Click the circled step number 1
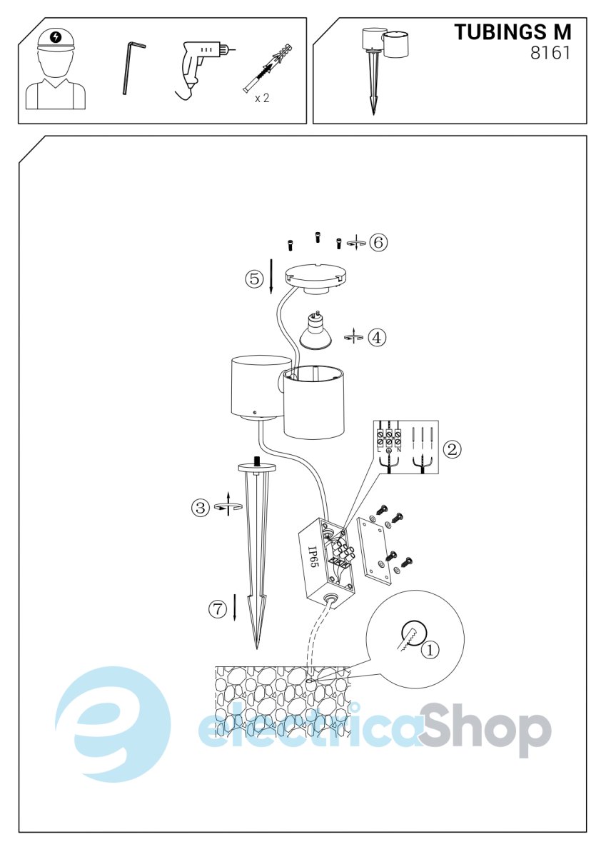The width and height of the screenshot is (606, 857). tap(430, 649)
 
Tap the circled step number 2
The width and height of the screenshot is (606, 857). tap(452, 449)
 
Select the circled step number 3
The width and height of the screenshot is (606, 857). tap(201, 508)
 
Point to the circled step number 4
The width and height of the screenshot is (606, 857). tap(377, 337)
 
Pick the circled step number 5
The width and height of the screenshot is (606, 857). tap(255, 279)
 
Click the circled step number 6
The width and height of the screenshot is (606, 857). tap(378, 242)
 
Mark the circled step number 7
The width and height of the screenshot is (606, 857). tap(218, 608)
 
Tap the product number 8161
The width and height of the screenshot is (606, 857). tap(550, 53)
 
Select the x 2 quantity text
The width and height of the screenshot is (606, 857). tap(262, 99)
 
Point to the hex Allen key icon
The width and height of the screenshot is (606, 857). tap(131, 68)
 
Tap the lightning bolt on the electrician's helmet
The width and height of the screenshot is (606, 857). tap(56, 37)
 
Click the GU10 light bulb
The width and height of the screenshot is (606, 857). tap(315, 331)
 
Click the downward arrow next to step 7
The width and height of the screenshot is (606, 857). tap(234, 607)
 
